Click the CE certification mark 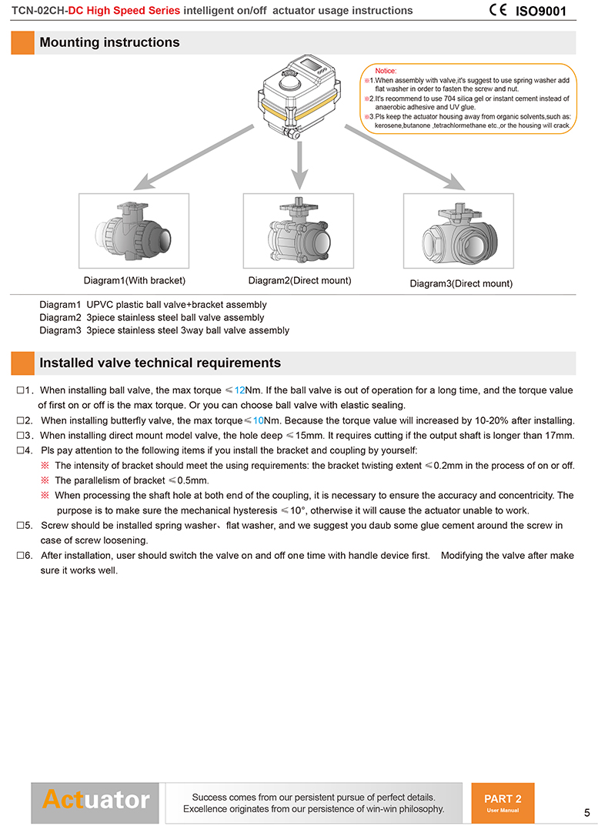point(498,10)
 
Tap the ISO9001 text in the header point(540,11)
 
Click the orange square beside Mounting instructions point(22,42)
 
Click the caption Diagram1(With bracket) point(135,280)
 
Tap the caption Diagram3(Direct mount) point(461,283)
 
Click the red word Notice point(386,71)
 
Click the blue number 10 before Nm point(259,420)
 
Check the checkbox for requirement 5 point(21,526)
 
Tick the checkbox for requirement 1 point(21,391)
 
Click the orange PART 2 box point(503,804)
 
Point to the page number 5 point(586,813)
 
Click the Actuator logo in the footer point(95,800)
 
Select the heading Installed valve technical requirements point(160,363)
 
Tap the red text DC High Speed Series point(125,11)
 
